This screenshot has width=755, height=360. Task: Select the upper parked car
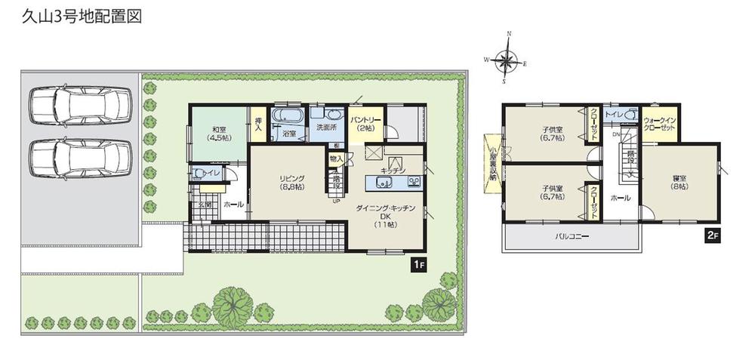click(79, 103)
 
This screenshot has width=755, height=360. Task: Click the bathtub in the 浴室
click(287, 117)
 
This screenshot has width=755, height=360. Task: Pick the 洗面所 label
click(328, 128)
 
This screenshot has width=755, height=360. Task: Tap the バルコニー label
click(572, 237)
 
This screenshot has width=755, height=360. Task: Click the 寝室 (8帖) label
click(679, 181)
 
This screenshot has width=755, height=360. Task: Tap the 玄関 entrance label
click(205, 205)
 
